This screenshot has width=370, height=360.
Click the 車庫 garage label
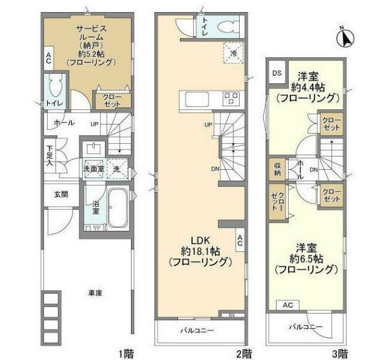pyautogui.click(x=95, y=293)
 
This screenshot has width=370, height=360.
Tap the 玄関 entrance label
pyautogui.click(x=60, y=195)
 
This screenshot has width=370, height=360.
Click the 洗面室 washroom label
pyautogui.click(x=93, y=170)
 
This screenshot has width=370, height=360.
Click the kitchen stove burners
pyautogui.click(x=230, y=99)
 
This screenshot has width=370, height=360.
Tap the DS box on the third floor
pyautogui.click(x=277, y=73)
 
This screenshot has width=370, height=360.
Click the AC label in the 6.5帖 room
pyautogui.click(x=287, y=305)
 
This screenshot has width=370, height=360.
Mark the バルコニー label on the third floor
pyautogui.click(x=307, y=327)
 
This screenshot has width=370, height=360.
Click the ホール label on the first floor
pyautogui.click(x=64, y=122)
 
